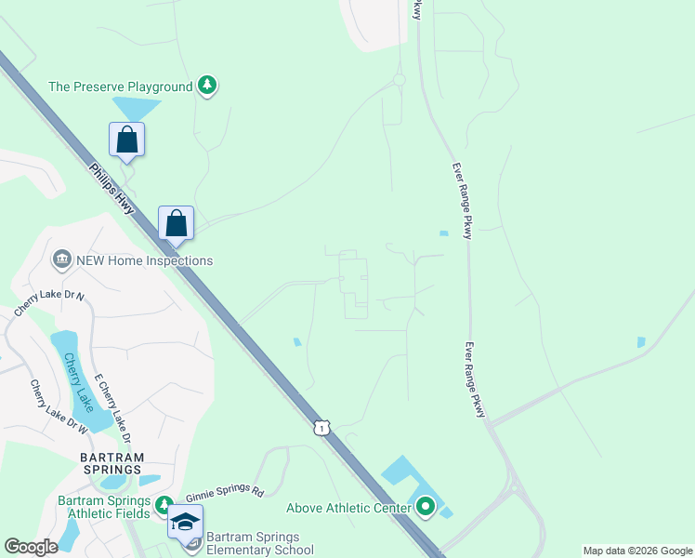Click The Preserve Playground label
point(120,86)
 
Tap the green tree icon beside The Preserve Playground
point(208,86)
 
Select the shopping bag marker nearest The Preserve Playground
point(127,140)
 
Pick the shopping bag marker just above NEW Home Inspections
point(176,224)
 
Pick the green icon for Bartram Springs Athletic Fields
point(164,506)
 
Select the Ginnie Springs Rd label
point(225,495)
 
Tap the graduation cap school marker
point(185,523)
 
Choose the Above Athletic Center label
point(348,508)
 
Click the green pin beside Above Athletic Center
point(426,507)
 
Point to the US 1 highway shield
point(321,427)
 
